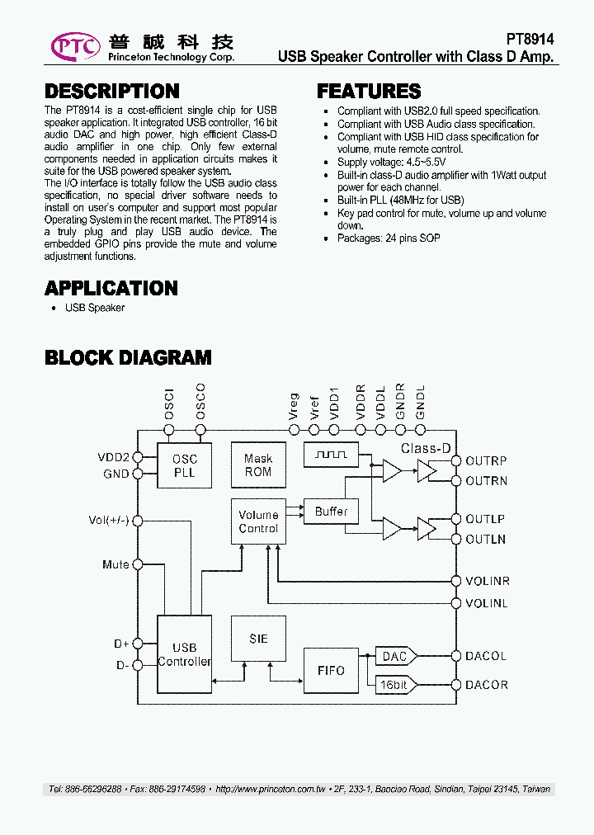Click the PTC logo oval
76,45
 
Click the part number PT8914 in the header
530,39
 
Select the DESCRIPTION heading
111,92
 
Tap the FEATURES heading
369,92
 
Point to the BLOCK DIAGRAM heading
128,357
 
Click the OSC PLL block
185,465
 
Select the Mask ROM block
258,465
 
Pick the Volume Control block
258,521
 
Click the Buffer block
331,512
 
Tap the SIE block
258,639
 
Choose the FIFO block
331,670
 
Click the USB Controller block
184,654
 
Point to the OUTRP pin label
486,461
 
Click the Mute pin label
115,565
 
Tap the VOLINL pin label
487,604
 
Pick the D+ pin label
121,644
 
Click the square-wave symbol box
330,454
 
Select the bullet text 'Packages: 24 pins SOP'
389,238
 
